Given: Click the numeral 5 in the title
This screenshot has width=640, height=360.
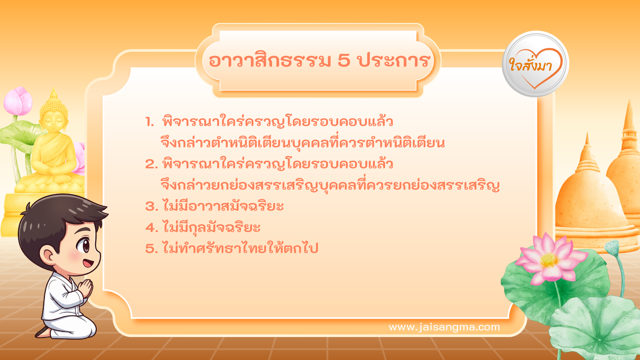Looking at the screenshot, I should click(344, 61).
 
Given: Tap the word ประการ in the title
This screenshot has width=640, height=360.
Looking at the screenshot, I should click(393, 61).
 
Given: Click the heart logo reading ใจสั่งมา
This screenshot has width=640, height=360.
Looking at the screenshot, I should click(535, 64).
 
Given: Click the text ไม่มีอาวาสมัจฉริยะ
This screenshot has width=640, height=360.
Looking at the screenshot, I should click(223, 206).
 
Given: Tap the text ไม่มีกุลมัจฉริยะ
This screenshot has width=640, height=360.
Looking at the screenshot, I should click(211, 227).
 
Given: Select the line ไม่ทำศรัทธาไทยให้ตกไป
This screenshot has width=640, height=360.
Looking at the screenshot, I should click(240, 248).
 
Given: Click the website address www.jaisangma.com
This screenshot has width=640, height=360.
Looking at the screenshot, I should click(444, 327).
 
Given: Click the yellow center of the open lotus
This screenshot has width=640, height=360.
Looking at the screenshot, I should click(549, 260).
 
